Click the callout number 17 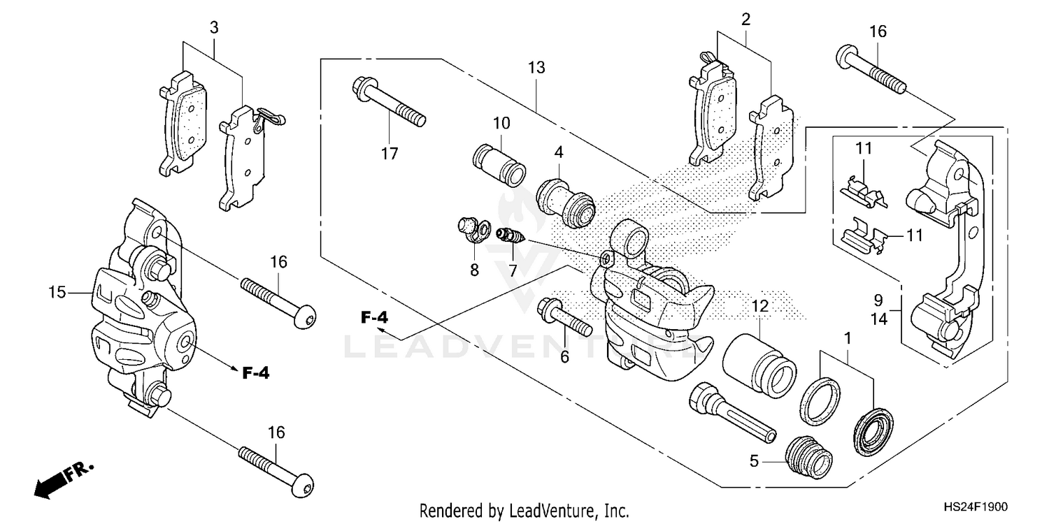[x=390, y=154]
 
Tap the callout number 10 [x=501, y=124]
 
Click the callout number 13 [x=536, y=68]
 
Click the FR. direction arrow [x=63, y=480]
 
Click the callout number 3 [x=214, y=28]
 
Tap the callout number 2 [x=746, y=20]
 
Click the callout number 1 [x=848, y=338]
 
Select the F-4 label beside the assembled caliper [x=256, y=373]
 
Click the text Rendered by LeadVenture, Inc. [x=524, y=510]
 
